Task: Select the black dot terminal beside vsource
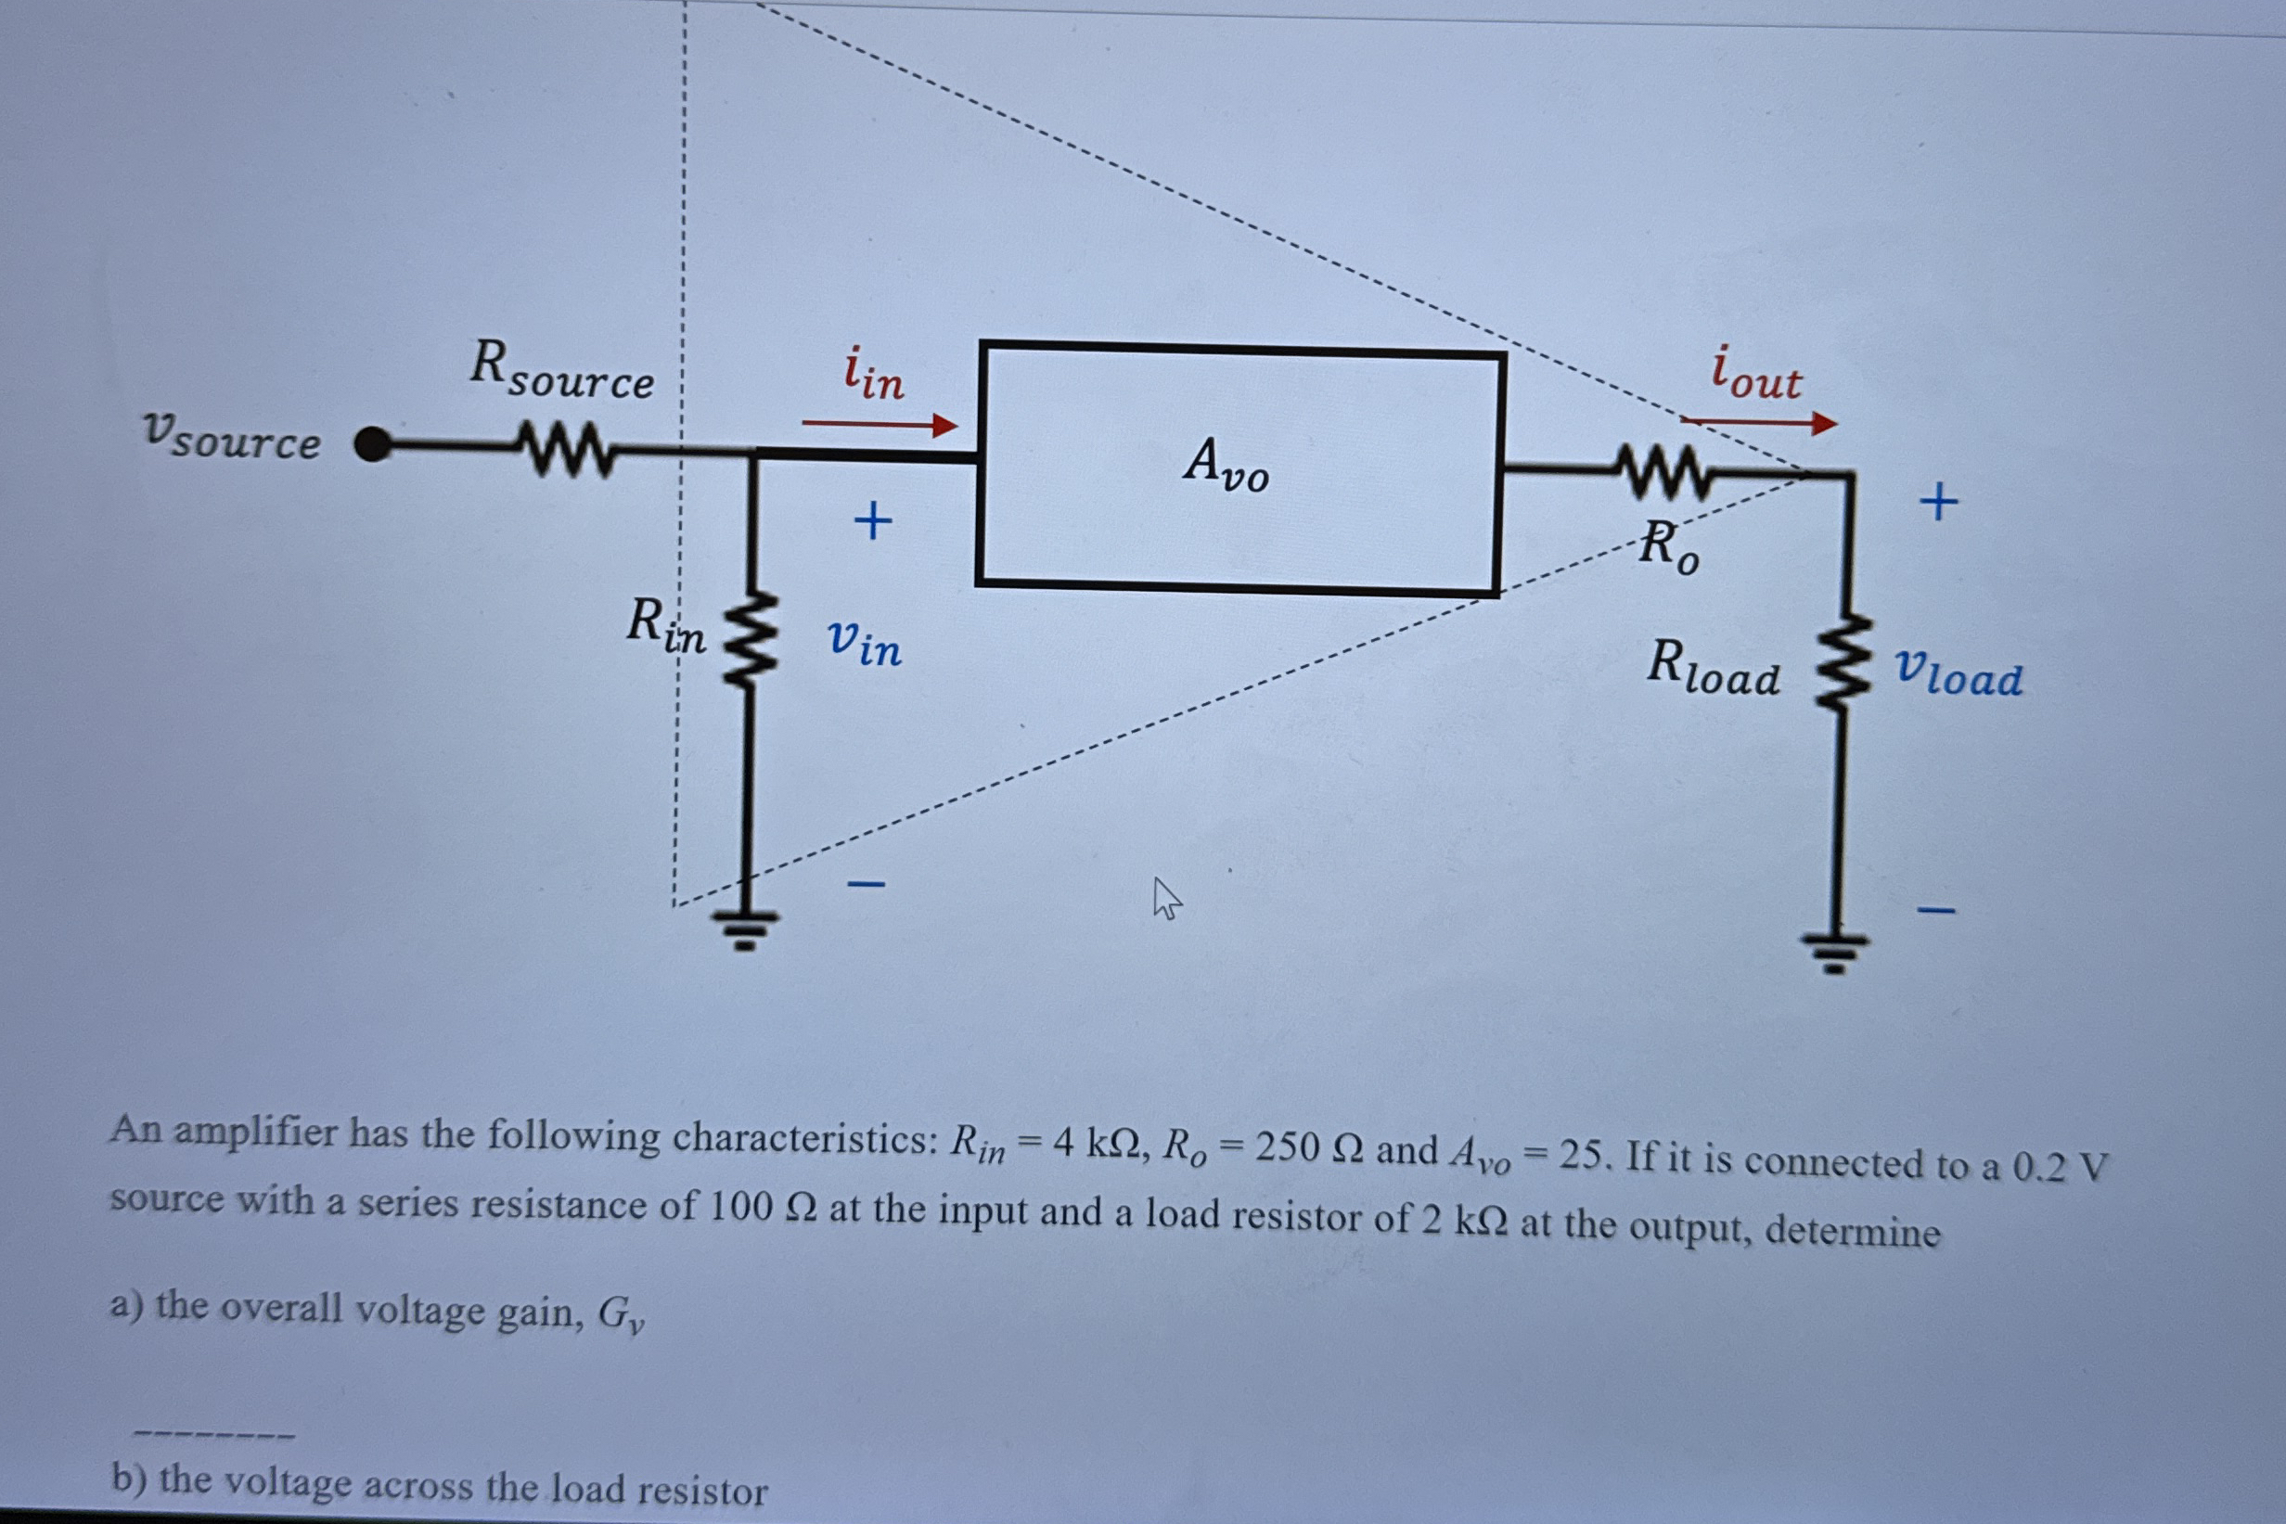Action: pyautogui.click(x=372, y=445)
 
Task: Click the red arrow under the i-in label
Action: pyautogui.click(x=880, y=425)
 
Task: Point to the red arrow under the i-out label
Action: pyautogui.click(x=1758, y=423)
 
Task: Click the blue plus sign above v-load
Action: pyautogui.click(x=1939, y=503)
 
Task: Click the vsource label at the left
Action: pyautogui.click(x=232, y=438)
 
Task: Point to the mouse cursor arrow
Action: pyautogui.click(x=1164, y=897)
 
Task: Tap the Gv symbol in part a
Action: pyautogui.click(x=620, y=1317)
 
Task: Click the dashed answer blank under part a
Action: pyautogui.click(x=213, y=1434)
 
